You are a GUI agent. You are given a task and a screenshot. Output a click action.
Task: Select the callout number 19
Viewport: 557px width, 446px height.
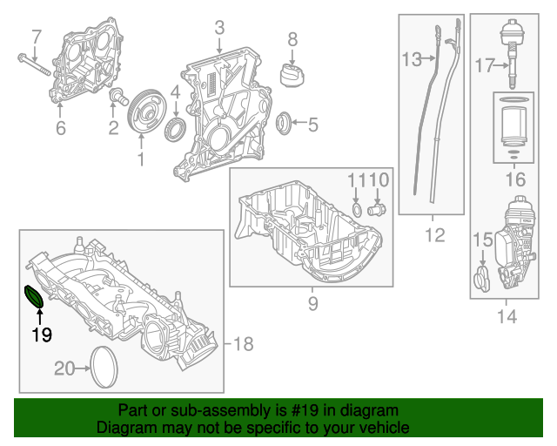pos(41,334)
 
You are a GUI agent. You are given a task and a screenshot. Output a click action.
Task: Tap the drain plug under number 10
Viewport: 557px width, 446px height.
pos(377,210)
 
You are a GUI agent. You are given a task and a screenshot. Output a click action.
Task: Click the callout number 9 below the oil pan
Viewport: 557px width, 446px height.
pos(312,304)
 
